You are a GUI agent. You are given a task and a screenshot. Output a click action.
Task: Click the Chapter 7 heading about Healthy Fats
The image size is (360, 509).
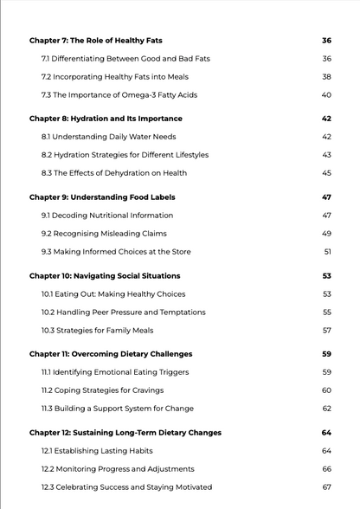pos(95,41)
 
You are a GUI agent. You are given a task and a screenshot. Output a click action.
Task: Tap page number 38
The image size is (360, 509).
pos(326,77)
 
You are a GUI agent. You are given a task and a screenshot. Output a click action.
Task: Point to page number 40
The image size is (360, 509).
pos(326,95)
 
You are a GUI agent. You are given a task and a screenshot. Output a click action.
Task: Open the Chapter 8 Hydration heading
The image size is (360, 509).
pos(106,119)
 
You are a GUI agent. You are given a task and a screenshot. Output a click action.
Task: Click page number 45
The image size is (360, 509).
pos(326,173)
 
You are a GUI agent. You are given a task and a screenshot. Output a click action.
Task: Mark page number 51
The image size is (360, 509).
pos(327,252)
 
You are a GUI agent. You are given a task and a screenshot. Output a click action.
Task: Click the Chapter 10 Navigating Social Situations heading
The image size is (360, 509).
pos(105,276)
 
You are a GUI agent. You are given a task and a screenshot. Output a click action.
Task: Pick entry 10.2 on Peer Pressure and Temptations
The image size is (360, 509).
pos(123,312)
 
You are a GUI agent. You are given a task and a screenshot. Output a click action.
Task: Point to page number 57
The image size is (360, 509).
pos(326,331)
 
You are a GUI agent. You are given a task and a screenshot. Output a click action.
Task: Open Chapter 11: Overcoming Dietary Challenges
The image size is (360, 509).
pos(110,354)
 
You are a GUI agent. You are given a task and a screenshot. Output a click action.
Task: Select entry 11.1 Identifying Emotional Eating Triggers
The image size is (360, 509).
pos(114,372)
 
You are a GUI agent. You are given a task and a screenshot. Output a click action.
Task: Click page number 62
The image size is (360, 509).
pos(326,409)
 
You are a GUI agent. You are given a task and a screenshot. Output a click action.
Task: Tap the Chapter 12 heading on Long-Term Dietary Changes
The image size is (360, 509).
pos(125,433)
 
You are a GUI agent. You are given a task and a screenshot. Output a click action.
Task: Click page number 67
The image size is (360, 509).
pos(326,487)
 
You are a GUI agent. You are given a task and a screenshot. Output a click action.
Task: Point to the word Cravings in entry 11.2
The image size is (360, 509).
pos(145,390)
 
